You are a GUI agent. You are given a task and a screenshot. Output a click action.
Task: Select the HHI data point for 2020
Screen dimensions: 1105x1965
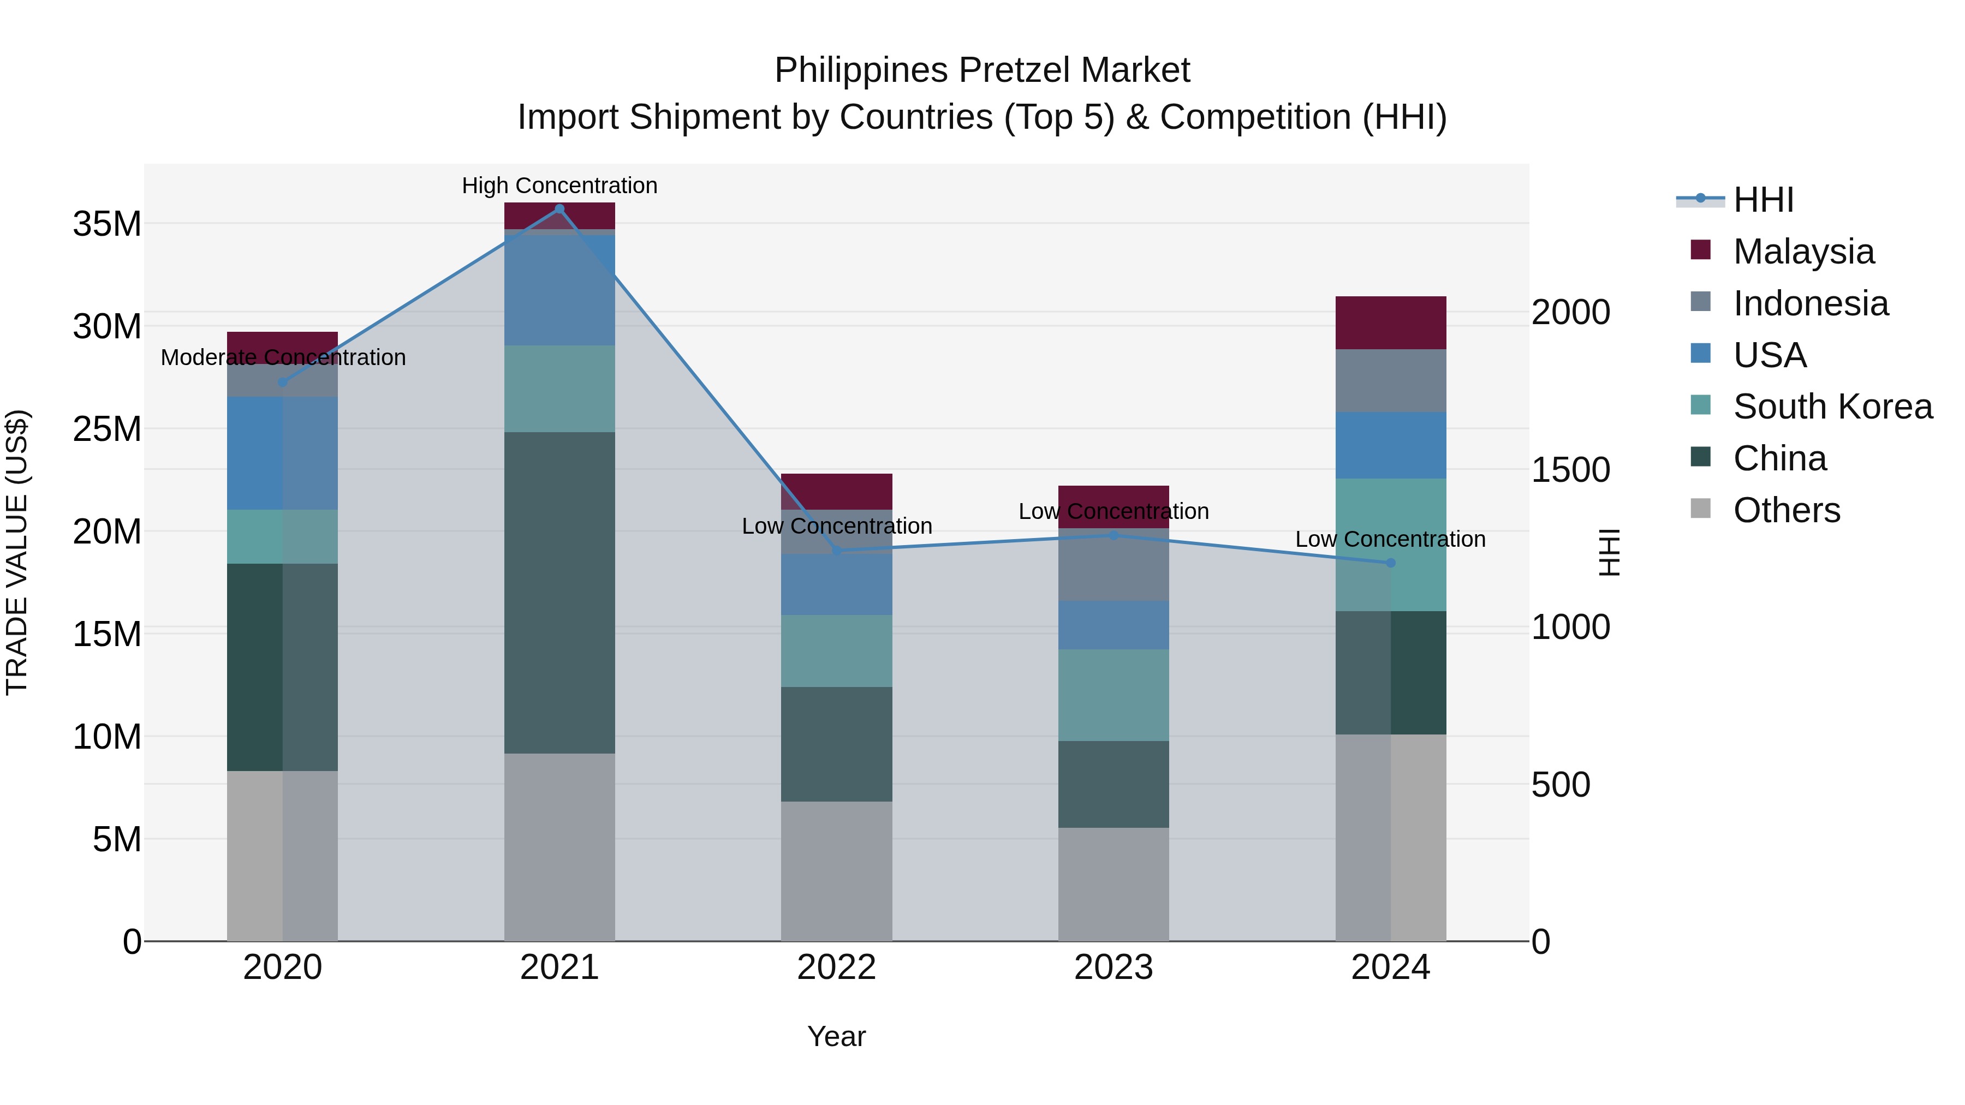point(282,382)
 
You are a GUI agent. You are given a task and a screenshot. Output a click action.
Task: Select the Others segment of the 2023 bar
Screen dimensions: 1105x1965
point(1113,884)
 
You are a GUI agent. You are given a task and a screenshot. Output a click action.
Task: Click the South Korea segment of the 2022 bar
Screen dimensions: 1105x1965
point(836,650)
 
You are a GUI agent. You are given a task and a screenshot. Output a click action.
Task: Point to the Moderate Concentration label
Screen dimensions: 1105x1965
point(283,357)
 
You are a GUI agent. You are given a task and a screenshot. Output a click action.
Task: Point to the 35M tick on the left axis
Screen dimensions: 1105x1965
point(107,224)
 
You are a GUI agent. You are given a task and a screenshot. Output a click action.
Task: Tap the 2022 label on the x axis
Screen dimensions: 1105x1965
point(836,967)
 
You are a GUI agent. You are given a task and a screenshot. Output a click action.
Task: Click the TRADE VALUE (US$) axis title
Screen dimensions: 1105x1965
point(17,552)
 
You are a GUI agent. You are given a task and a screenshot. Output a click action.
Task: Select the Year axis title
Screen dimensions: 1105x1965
point(836,1036)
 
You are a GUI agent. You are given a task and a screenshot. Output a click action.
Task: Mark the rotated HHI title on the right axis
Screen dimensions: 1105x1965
point(1608,552)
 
